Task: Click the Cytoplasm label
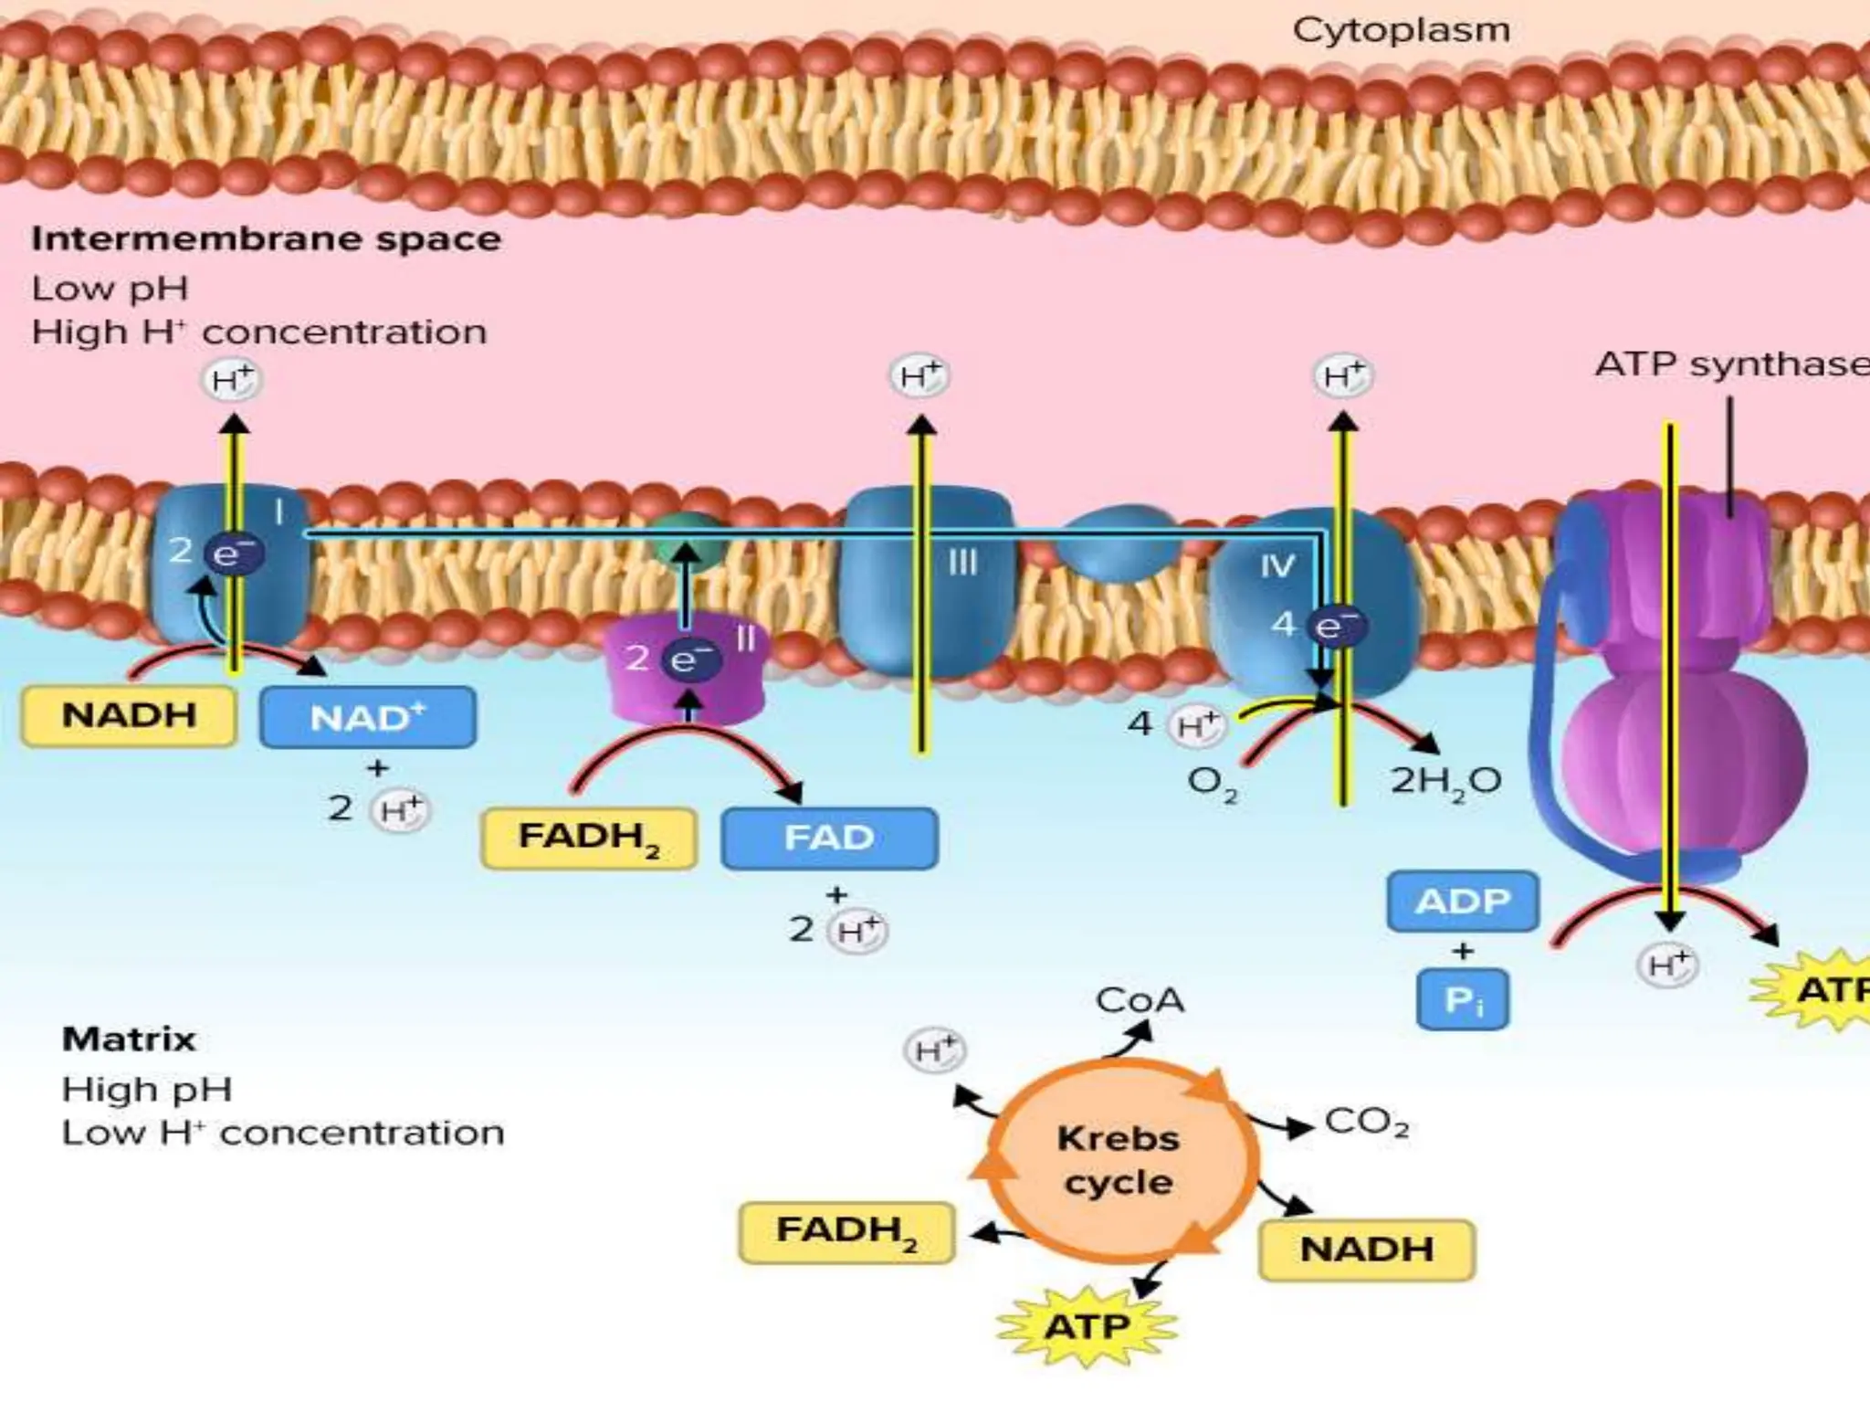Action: click(1401, 30)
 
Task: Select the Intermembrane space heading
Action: click(266, 239)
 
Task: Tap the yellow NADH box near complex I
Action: click(129, 715)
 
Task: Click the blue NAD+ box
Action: click(367, 718)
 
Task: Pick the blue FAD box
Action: click(829, 838)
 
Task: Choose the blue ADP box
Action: click(1462, 902)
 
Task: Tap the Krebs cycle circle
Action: click(1118, 1160)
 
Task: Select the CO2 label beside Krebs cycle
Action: click(1366, 1122)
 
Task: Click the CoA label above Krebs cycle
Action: click(1140, 1001)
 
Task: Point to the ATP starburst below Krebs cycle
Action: click(1087, 1326)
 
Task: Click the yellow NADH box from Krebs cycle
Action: click(1366, 1250)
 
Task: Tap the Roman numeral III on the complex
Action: click(962, 563)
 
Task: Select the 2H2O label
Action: click(1445, 782)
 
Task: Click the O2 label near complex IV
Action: click(1212, 784)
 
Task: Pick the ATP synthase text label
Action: click(1730, 365)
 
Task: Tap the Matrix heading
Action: click(129, 1039)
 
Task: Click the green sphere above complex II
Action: click(688, 539)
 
